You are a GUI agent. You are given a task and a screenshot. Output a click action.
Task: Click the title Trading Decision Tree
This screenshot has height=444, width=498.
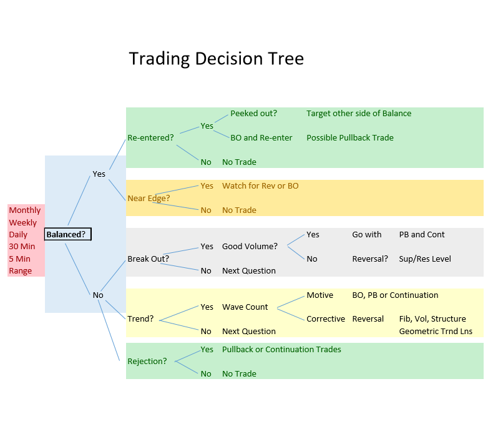pyautogui.click(x=216, y=59)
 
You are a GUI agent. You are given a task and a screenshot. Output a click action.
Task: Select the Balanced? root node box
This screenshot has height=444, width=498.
pyautogui.click(x=68, y=234)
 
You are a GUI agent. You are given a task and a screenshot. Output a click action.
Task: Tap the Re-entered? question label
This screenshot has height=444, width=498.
pyautogui.click(x=150, y=137)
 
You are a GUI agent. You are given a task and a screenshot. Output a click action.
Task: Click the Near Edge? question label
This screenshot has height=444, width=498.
pyautogui.click(x=149, y=198)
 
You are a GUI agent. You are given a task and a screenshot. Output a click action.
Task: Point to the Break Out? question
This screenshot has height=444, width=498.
pyautogui.click(x=149, y=259)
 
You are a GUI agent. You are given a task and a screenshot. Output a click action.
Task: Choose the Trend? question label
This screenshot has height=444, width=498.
pyautogui.click(x=140, y=318)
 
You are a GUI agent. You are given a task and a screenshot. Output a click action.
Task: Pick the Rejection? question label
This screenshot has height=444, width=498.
pyautogui.click(x=147, y=361)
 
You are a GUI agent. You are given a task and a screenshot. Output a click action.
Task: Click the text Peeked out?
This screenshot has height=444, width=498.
pyautogui.click(x=253, y=113)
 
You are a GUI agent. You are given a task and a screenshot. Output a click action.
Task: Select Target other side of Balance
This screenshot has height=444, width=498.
pyautogui.click(x=359, y=113)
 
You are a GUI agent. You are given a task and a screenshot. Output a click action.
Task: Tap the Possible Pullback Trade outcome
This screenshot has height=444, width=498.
pyautogui.click(x=350, y=137)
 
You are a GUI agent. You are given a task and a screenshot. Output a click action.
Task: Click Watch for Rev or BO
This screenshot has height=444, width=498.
pyautogui.click(x=260, y=185)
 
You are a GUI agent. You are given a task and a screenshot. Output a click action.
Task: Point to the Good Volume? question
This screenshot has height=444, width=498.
pyautogui.click(x=250, y=246)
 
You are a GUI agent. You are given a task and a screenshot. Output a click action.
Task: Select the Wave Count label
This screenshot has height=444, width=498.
pyautogui.click(x=245, y=307)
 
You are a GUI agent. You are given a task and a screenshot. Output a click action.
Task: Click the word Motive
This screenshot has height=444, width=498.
pyautogui.click(x=320, y=295)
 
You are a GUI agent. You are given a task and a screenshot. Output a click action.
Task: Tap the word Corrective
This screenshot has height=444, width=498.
pyautogui.click(x=326, y=318)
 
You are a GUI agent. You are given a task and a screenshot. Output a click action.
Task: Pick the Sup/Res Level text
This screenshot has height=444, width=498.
pyautogui.click(x=425, y=259)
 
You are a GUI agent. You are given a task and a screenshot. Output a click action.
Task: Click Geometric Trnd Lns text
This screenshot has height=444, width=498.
pyautogui.click(x=436, y=331)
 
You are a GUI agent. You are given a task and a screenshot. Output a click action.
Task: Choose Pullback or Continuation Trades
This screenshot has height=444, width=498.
pyautogui.click(x=281, y=349)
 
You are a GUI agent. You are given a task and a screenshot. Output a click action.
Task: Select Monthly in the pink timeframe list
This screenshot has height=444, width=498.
pyautogui.click(x=25, y=210)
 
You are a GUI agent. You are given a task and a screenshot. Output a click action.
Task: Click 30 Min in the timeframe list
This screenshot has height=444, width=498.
pyautogui.click(x=22, y=247)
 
